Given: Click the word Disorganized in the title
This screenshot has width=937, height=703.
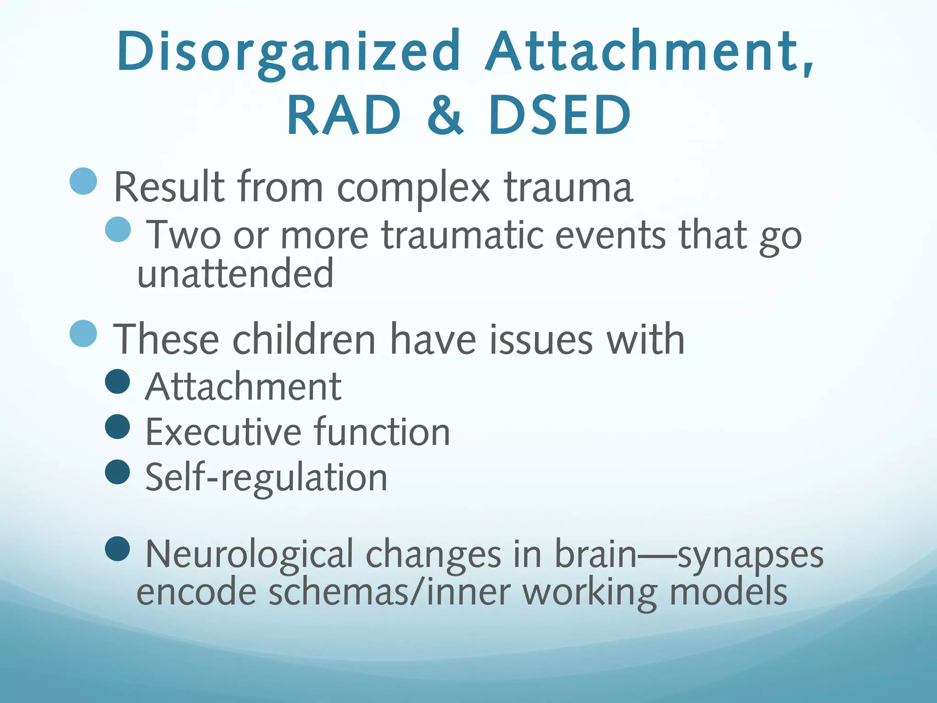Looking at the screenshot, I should coord(288,53).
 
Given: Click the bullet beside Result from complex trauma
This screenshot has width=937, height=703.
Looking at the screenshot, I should coord(83,181).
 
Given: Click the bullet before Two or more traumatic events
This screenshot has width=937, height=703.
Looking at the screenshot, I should coord(118,229).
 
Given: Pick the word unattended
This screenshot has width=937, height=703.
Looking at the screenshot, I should coord(235,274).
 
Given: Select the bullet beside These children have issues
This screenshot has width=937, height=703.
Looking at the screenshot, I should coord(83,333).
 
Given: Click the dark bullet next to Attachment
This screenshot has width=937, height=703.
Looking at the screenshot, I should coord(118,381).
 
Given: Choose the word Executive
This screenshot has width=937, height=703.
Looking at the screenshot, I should coord(223,432).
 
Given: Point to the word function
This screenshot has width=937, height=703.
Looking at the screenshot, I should coord(382,432).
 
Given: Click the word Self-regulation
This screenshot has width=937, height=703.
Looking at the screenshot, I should coord(266,478).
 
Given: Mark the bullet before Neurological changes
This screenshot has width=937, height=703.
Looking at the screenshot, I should coord(118,549).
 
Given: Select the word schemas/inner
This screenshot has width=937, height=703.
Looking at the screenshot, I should coord(389,592).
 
